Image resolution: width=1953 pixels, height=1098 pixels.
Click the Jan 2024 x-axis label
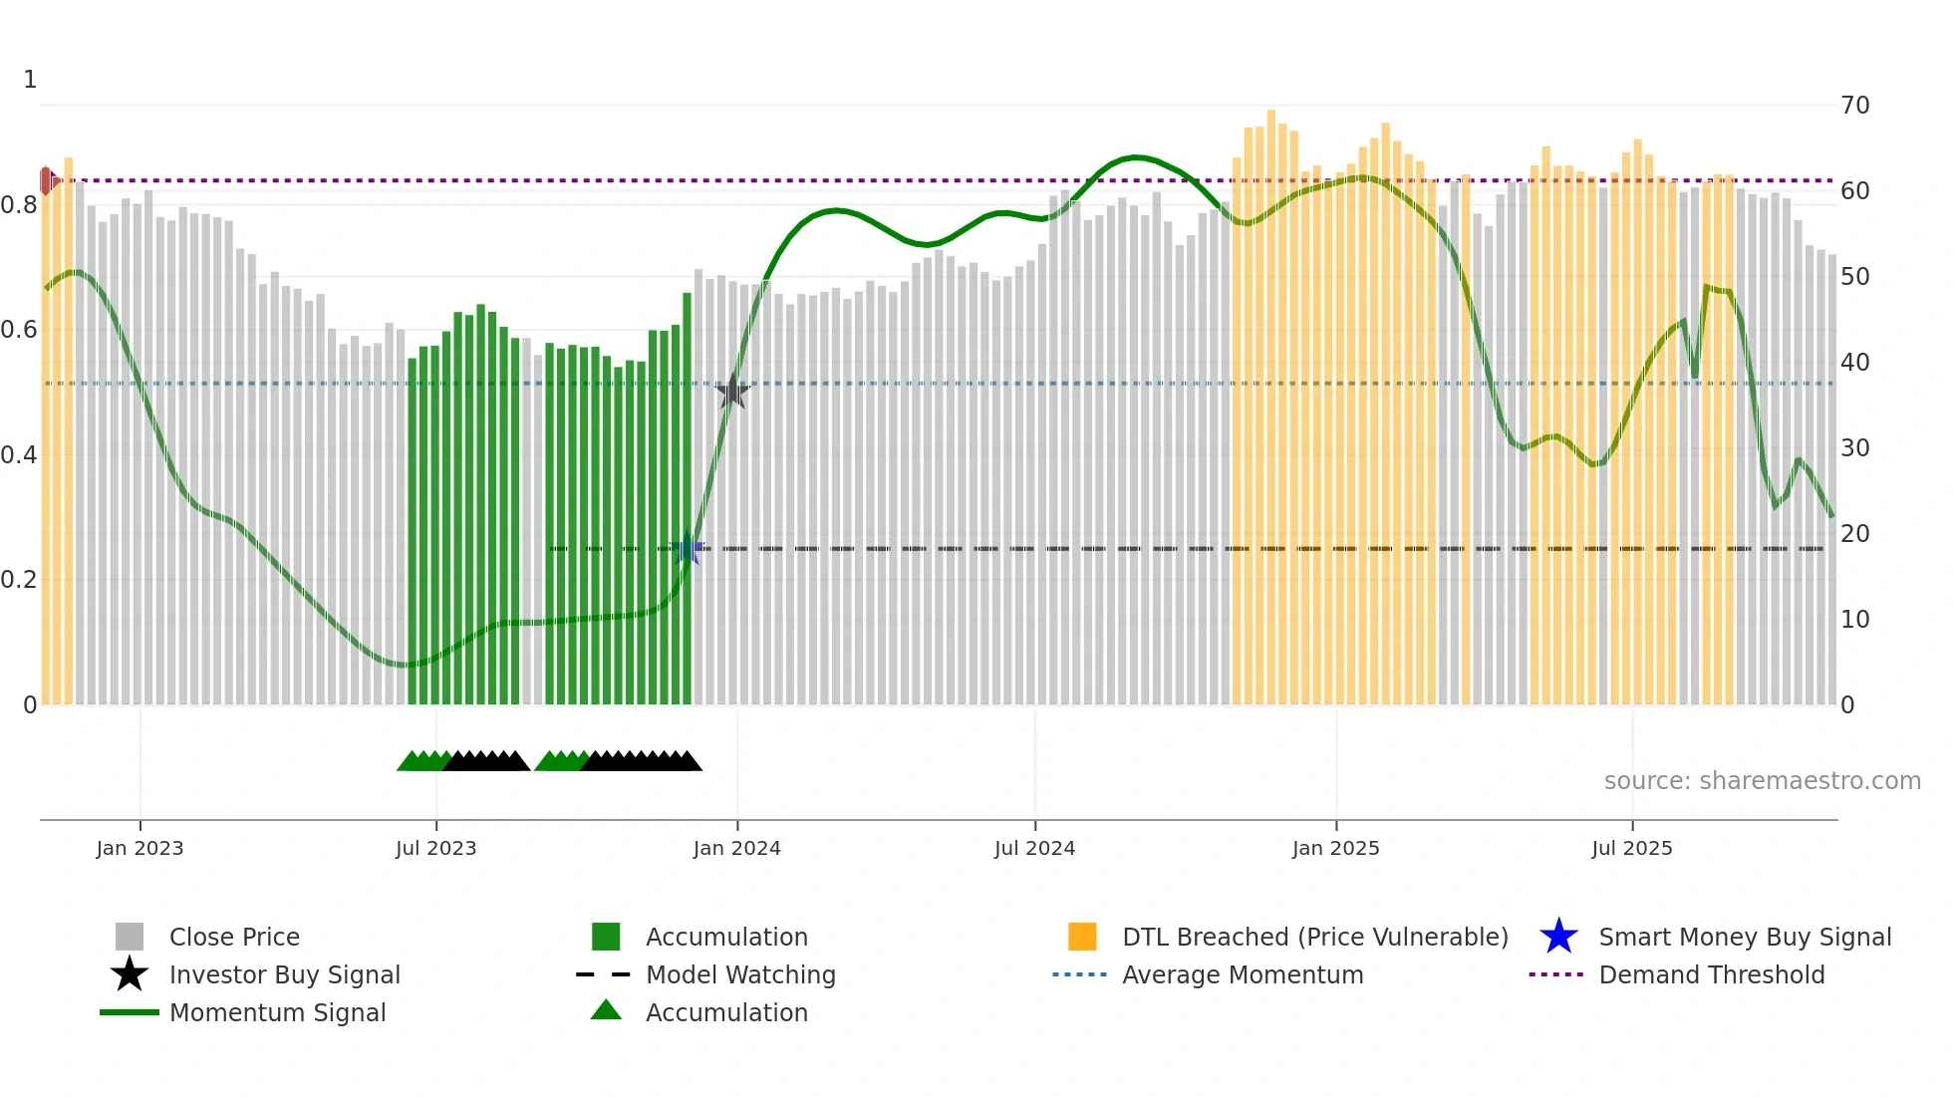736,848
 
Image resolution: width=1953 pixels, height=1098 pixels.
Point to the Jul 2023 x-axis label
435,848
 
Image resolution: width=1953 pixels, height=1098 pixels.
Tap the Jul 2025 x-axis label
1631,848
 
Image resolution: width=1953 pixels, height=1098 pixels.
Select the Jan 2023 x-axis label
139,848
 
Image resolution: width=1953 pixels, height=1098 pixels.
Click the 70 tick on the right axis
1854,106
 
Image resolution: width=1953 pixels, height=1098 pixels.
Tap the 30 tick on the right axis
1854,448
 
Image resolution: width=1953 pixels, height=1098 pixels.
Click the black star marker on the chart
732,393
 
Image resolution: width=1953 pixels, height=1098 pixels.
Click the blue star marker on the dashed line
687,548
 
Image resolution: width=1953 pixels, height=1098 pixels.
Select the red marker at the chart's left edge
46,180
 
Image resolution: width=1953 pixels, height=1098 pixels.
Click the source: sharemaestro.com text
1762,781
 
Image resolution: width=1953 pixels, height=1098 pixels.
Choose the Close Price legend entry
234,937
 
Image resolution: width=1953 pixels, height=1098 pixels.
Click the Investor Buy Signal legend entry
284,974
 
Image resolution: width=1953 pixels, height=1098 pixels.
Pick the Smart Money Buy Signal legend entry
1744,937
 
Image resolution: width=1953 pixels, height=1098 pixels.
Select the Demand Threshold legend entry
1711,974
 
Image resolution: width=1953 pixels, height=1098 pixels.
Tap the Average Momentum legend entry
1242,974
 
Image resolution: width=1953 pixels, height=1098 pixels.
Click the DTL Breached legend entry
1314,937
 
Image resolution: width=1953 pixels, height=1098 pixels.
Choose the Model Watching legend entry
739,974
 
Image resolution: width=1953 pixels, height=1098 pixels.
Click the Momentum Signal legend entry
277,1012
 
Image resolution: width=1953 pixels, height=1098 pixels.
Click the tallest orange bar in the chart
1271,399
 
